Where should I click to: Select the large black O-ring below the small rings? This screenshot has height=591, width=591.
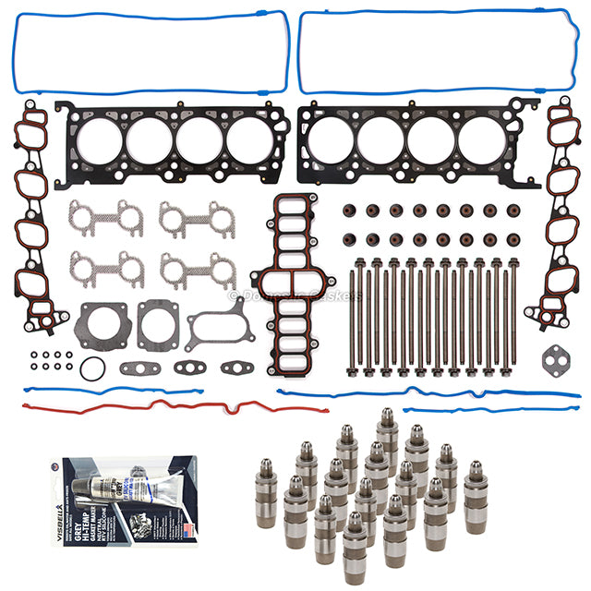88,368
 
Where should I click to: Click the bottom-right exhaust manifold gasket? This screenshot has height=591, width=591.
196,270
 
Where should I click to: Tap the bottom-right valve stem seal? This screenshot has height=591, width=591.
511,239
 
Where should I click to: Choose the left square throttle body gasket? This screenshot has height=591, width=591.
103,326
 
